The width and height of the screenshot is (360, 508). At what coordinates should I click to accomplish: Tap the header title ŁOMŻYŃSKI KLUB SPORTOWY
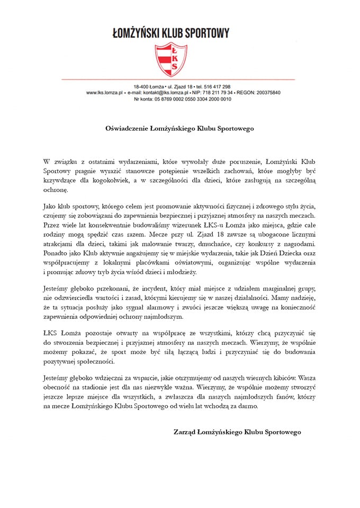171,33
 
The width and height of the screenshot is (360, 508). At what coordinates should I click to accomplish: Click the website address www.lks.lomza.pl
105,93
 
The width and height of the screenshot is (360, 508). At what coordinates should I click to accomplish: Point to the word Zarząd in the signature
185,432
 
